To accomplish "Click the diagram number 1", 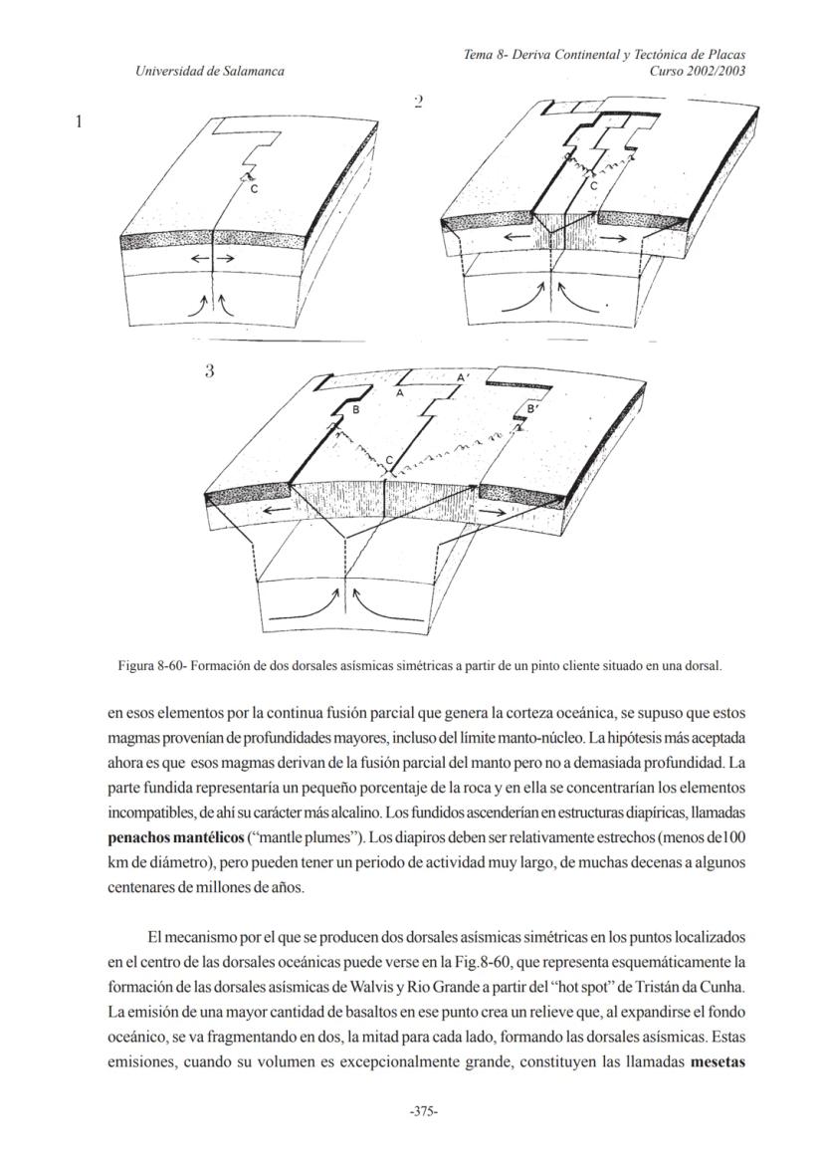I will point(79,122).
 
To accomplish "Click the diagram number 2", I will point(418,102).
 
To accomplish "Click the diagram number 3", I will point(209,371).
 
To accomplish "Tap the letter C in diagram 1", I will point(254,188).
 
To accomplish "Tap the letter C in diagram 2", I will point(594,185).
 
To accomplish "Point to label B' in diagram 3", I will point(533,408).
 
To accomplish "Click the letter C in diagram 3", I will point(390,459).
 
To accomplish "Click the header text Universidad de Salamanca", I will point(210,71).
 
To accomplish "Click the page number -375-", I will point(425,1111).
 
